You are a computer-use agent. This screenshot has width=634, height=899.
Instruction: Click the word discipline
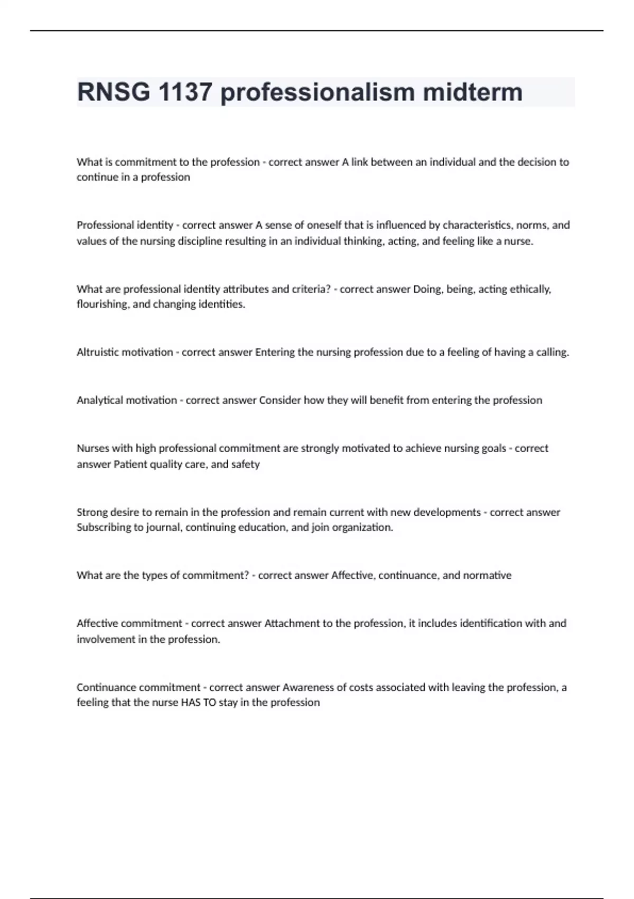pos(200,241)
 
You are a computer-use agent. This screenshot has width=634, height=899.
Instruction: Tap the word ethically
pos(530,289)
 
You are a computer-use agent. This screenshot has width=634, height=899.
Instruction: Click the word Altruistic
pos(98,352)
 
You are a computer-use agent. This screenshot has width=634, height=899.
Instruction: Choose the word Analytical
pos(100,400)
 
